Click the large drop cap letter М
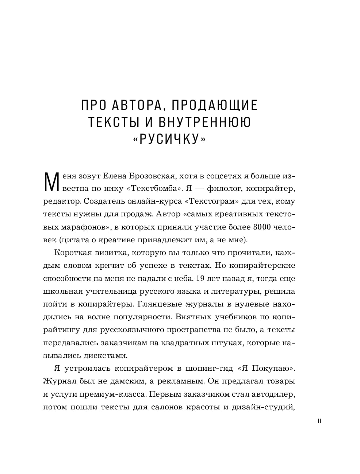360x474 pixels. pyautogui.click(x=51, y=182)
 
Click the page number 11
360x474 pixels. pyautogui.click(x=319, y=421)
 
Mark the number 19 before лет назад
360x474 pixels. pyautogui.click(x=200, y=278)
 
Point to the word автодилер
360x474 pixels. pyautogui.click(x=275, y=394)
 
